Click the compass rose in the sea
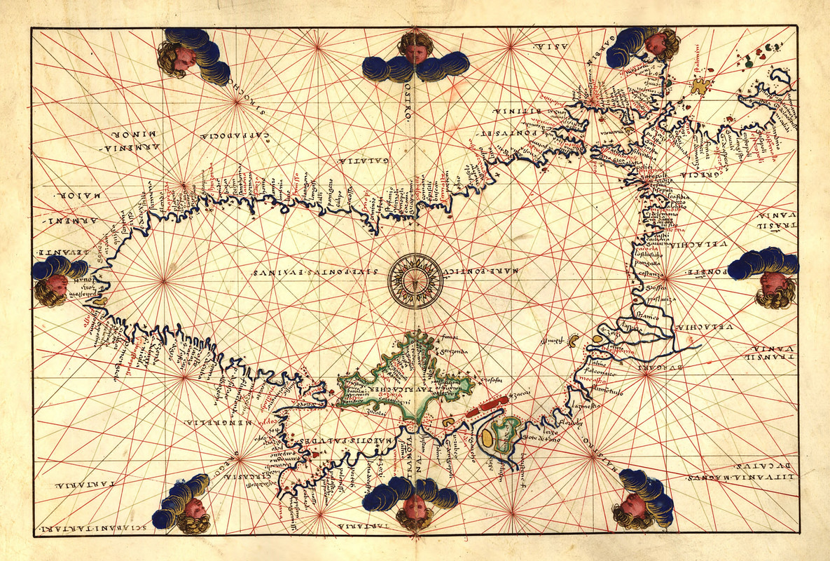point(415,280)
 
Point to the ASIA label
point(545,46)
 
